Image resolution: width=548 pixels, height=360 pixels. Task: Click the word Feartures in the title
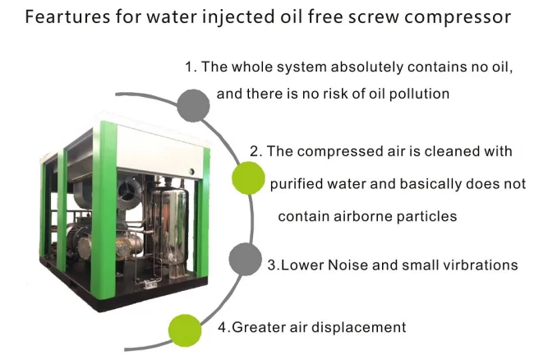click(x=67, y=16)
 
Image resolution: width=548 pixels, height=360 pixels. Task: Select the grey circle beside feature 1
click(x=193, y=105)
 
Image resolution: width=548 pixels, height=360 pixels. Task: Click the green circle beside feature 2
click(x=248, y=178)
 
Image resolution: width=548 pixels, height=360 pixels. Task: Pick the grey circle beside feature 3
click(x=246, y=260)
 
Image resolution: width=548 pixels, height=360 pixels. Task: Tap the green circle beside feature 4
click(x=185, y=330)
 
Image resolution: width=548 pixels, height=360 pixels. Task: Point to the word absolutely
click(x=367, y=67)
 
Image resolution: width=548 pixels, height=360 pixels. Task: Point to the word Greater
click(x=258, y=327)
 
